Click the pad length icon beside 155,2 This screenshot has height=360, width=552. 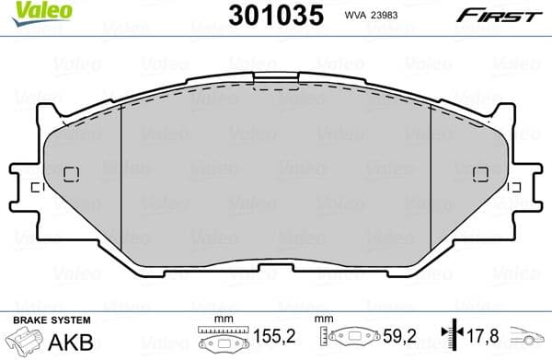tap(218, 340)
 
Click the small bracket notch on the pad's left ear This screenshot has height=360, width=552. tap(35, 188)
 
